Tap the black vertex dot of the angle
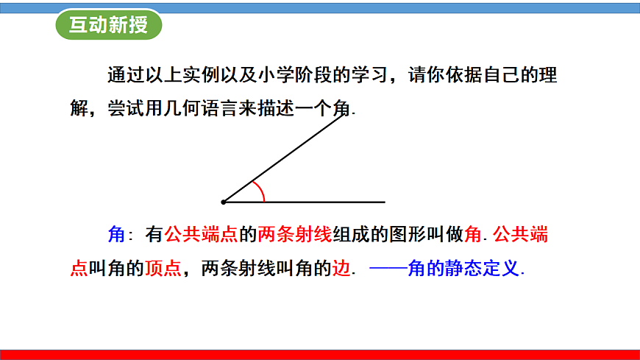pyautogui.click(x=224, y=201)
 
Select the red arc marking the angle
pyautogui.click(x=259, y=190)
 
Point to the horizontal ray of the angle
pyautogui.click(x=324, y=201)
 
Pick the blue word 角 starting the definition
pyautogui.click(x=116, y=235)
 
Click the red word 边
pyautogui.click(x=342, y=269)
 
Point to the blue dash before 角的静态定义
pyautogui.click(x=388, y=269)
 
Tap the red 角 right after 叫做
pyautogui.click(x=474, y=235)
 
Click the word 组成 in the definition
pyautogui.click(x=351, y=235)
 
